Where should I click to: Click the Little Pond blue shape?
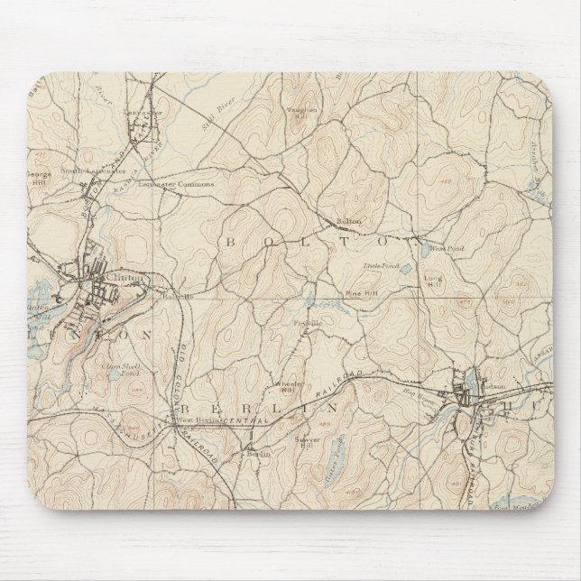point(405,269)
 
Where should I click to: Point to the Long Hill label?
point(433,281)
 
